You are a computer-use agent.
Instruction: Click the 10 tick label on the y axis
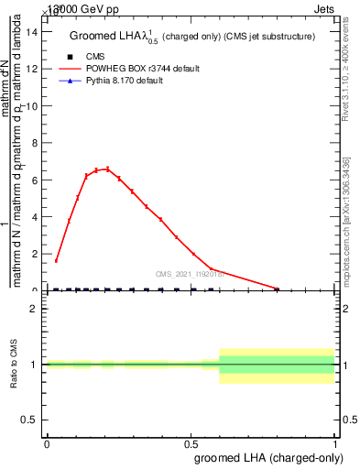(34, 106)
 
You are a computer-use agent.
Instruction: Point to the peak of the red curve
(107, 169)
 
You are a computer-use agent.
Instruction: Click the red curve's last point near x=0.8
(278, 289)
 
